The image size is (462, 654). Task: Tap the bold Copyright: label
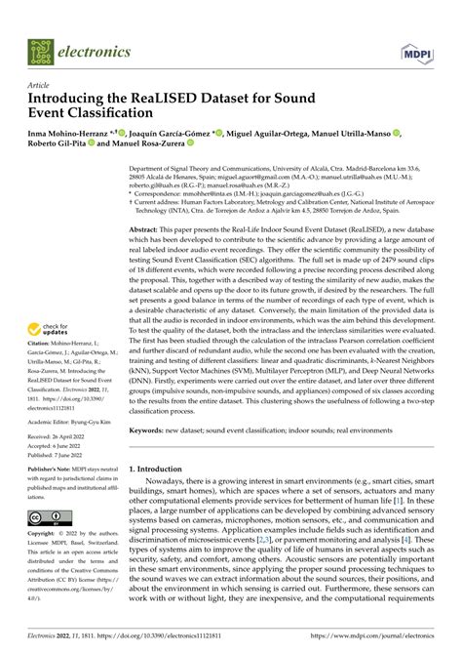44,535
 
